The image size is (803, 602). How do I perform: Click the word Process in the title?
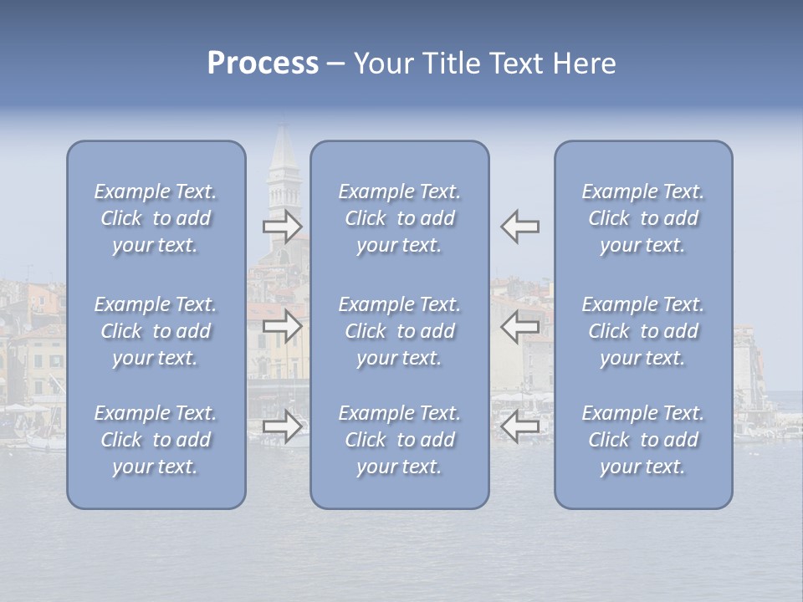point(263,64)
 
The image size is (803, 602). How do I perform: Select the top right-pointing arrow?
point(283,227)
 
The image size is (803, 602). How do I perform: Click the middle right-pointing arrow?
point(283,325)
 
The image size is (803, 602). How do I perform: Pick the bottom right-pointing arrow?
point(283,426)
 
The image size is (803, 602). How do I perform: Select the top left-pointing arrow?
point(520,227)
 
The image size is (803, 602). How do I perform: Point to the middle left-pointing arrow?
point(520,325)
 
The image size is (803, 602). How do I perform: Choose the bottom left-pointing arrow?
point(520,426)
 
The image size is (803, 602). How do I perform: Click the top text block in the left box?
point(156,218)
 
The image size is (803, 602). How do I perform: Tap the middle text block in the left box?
point(156,331)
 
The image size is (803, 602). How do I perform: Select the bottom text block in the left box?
point(156,440)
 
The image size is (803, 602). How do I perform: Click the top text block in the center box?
point(399,218)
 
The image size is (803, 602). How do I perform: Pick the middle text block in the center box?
point(399,331)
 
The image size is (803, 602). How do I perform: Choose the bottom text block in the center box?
point(399,440)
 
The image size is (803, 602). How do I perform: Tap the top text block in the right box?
point(643,218)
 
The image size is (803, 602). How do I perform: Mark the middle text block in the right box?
point(643,331)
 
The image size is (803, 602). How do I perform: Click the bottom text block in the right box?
point(643,440)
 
